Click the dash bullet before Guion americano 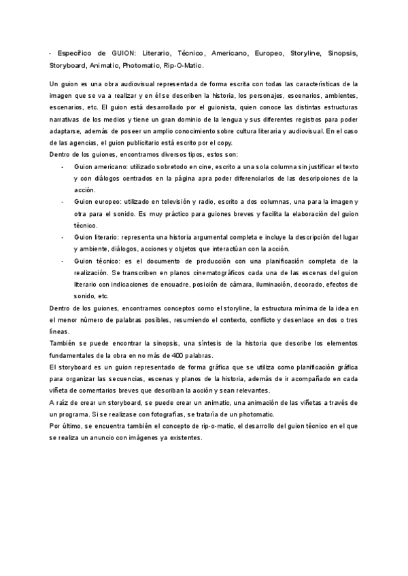click(x=63, y=166)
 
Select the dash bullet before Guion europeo click(x=63, y=202)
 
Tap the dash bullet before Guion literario click(x=63, y=237)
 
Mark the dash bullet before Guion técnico click(x=63, y=260)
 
